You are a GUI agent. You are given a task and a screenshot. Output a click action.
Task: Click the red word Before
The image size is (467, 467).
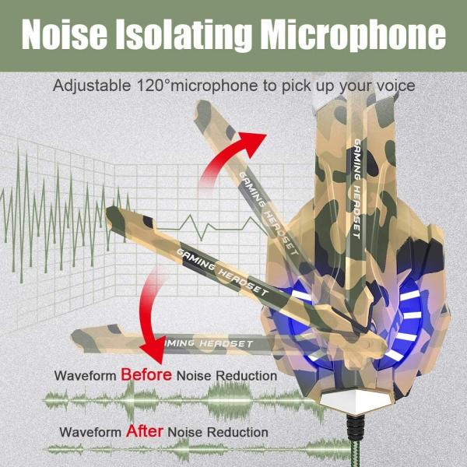pyautogui.click(x=146, y=375)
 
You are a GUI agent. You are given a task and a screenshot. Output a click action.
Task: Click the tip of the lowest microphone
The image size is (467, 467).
pyautogui.click(x=78, y=337)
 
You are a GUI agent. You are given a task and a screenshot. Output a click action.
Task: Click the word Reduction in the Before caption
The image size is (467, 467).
pyautogui.click(x=248, y=376)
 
